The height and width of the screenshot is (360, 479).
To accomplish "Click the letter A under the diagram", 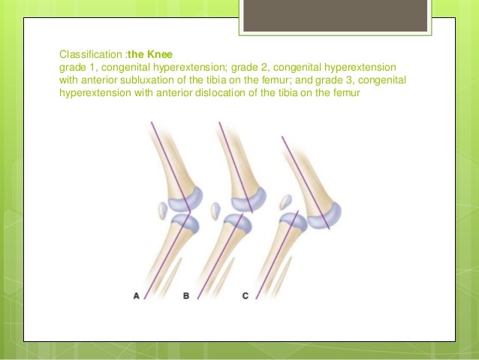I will (137, 296).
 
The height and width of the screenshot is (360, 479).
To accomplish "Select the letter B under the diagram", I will (186, 296).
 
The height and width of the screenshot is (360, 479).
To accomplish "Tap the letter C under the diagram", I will (245, 296).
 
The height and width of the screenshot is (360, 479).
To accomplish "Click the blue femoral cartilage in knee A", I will (185, 199).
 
